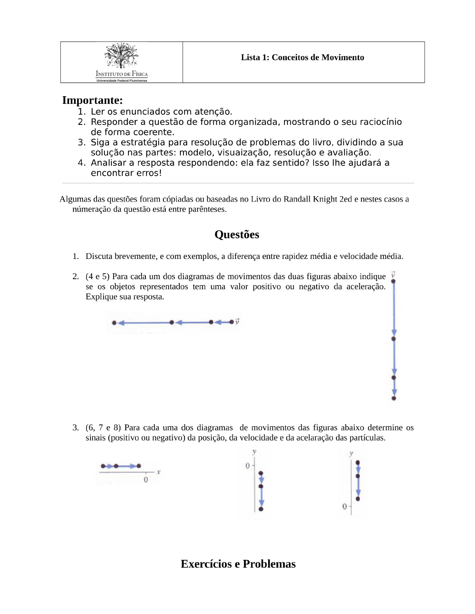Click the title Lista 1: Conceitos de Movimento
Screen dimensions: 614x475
click(x=302, y=57)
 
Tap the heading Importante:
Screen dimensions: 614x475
click(x=92, y=100)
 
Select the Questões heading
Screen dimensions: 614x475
click(x=237, y=235)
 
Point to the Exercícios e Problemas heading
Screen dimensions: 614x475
click(x=238, y=564)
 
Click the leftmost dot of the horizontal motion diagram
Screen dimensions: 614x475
click(x=114, y=323)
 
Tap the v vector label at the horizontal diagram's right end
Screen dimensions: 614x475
click(x=237, y=321)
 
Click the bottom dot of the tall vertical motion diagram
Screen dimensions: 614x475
click(x=394, y=398)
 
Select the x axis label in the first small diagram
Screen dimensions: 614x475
click(x=159, y=472)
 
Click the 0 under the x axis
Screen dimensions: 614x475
click(x=146, y=480)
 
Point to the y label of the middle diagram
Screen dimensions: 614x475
click(x=254, y=452)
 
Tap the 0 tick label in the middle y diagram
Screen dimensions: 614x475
click(x=248, y=466)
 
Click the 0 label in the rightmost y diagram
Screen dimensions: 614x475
click(x=345, y=506)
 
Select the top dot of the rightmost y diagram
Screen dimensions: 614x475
click(x=358, y=462)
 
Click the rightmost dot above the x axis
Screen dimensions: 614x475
click(x=139, y=466)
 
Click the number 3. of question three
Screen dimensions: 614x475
click(x=76, y=428)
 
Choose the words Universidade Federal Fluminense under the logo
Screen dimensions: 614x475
click(x=121, y=81)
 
